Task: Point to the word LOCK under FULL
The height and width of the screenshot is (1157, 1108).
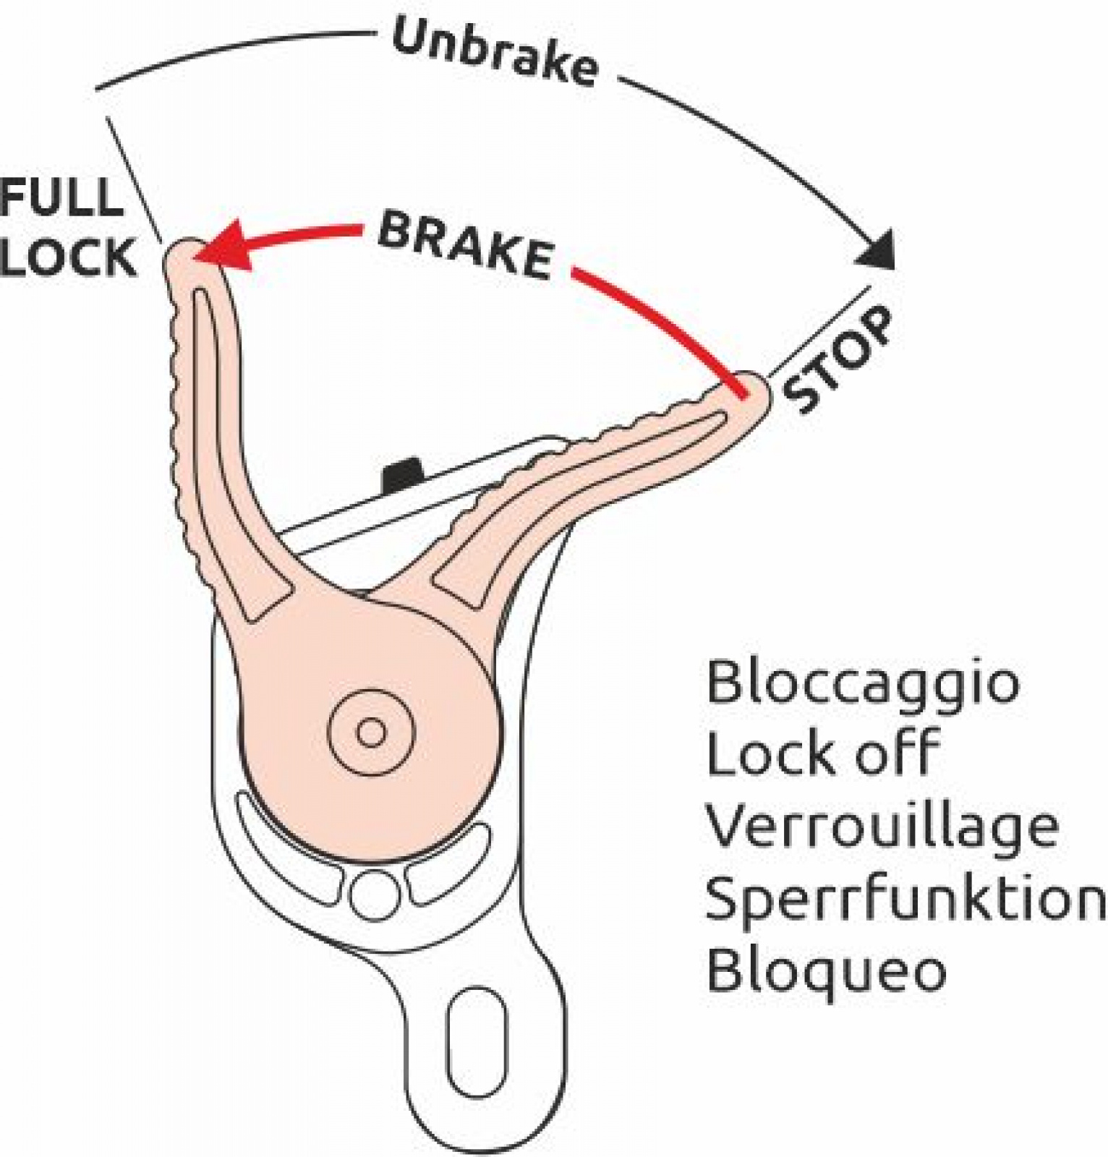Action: click(x=68, y=257)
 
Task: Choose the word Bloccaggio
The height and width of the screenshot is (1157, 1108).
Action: click(x=862, y=682)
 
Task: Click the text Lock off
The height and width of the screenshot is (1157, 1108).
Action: click(x=822, y=753)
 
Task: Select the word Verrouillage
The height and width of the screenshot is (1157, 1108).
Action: click(x=882, y=827)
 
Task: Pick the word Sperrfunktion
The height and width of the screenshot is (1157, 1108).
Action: click(x=904, y=897)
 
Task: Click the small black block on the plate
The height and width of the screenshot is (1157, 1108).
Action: click(x=402, y=474)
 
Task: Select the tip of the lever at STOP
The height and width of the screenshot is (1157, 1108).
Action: click(x=752, y=394)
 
